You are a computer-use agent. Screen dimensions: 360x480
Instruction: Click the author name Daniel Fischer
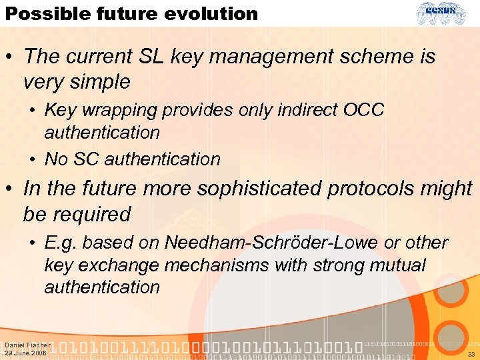[x=27, y=345]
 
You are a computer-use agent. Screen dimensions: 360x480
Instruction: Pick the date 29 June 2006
[x=25, y=353]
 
